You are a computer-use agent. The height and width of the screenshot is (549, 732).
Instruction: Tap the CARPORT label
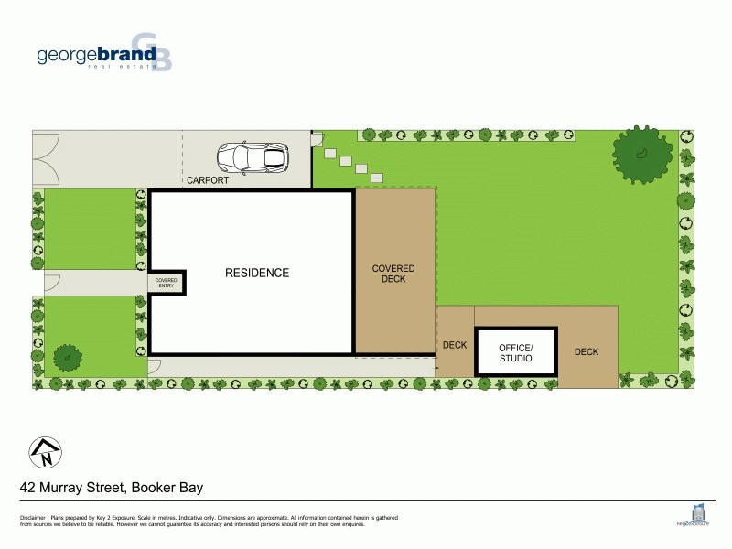(x=207, y=180)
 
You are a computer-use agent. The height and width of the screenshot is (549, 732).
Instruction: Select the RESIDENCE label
(x=257, y=273)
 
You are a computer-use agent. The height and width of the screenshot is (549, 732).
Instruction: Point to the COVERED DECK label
(x=393, y=274)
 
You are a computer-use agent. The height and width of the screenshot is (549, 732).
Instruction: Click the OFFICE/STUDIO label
(x=515, y=352)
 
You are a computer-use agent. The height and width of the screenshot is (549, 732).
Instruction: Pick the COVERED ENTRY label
(x=166, y=283)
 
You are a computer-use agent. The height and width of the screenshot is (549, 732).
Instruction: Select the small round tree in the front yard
(x=67, y=356)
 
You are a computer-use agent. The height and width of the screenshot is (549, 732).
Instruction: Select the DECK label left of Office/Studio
(x=455, y=346)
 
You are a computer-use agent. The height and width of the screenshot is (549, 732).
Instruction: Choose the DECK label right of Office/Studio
(x=587, y=351)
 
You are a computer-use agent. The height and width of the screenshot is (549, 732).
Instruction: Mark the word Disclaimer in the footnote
(x=34, y=519)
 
